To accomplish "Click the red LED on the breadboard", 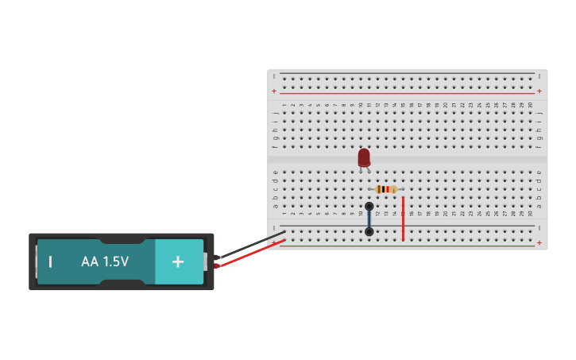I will (x=364, y=157).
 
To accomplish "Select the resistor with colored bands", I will (x=386, y=189).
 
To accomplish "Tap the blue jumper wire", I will (x=369, y=219).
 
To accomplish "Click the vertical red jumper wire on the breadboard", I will (x=403, y=219).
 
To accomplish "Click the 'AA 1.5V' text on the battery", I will (x=105, y=261).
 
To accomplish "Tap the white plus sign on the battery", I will (x=178, y=261).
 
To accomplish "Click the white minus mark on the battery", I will (x=51, y=261).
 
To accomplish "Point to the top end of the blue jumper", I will (x=369, y=207).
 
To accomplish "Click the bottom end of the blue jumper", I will (x=369, y=232).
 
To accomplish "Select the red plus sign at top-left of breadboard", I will (x=274, y=91).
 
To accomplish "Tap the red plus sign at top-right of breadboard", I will (x=539, y=91).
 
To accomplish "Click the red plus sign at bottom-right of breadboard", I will (x=539, y=242).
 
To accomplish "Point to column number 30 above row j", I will (x=530, y=105).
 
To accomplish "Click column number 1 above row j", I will (x=284, y=105).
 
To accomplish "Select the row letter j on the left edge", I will (x=275, y=113).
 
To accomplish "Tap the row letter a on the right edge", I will (x=539, y=206).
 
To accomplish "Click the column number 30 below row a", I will (x=530, y=214).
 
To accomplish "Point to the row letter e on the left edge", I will (x=275, y=172).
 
